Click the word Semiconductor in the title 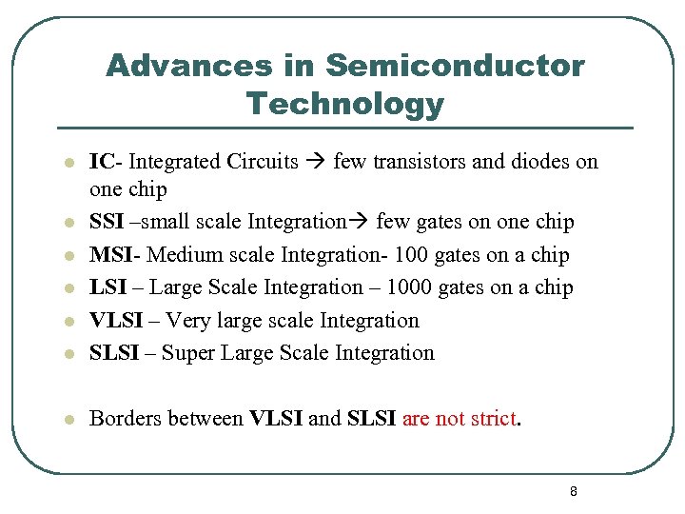[x=455, y=66]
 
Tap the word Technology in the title [x=344, y=103]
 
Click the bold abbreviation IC [x=101, y=162]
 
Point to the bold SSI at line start [x=106, y=223]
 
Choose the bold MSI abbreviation [x=110, y=255]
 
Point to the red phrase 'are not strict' [x=460, y=419]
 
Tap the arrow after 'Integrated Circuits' [x=316, y=162]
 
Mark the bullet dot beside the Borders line [x=68, y=420]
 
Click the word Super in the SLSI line [x=188, y=353]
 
